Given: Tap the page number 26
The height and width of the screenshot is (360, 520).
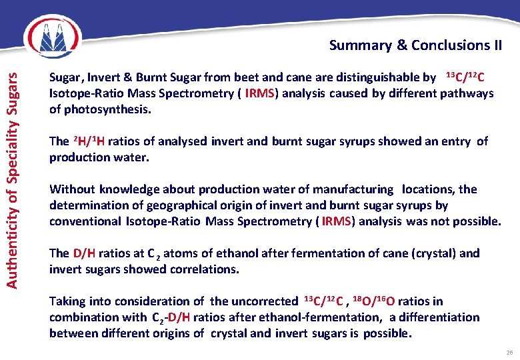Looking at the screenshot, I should coord(507,352).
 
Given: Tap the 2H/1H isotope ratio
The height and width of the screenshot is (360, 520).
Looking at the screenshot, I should coord(87,141).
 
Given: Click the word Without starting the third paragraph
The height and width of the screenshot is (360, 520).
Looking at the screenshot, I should coord(72,189).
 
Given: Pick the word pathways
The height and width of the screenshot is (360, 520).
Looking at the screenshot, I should coord(467,93).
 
